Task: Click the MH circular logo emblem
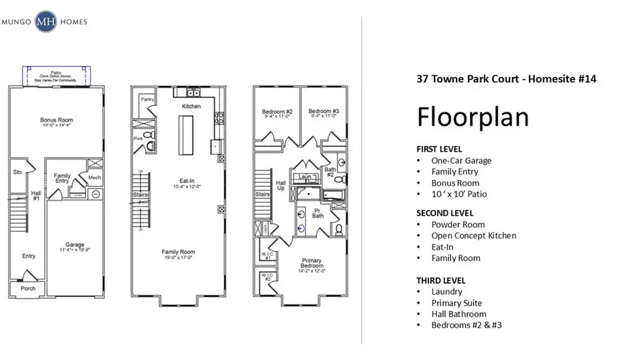click(48, 21)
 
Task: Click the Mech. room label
click(95, 177)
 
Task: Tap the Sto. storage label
click(18, 172)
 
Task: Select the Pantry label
click(147, 100)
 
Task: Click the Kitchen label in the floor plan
click(191, 106)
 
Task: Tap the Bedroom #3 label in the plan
click(323, 112)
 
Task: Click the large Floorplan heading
click(472, 117)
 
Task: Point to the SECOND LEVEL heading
click(444, 213)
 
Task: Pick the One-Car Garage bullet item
click(461, 160)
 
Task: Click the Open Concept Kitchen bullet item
click(474, 235)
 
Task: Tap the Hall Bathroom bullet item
click(459, 314)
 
